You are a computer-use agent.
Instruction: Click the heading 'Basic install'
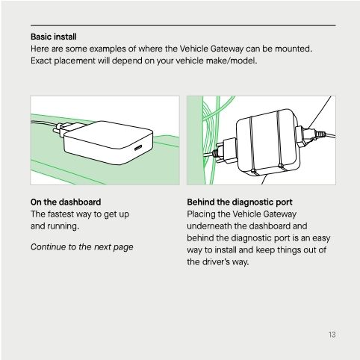[x=54, y=36]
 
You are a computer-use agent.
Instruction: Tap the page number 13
[x=332, y=335]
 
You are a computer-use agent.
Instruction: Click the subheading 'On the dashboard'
[x=66, y=202]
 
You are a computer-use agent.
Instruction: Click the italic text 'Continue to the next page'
[x=81, y=246]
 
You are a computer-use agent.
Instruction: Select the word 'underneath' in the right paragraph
[x=211, y=225]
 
